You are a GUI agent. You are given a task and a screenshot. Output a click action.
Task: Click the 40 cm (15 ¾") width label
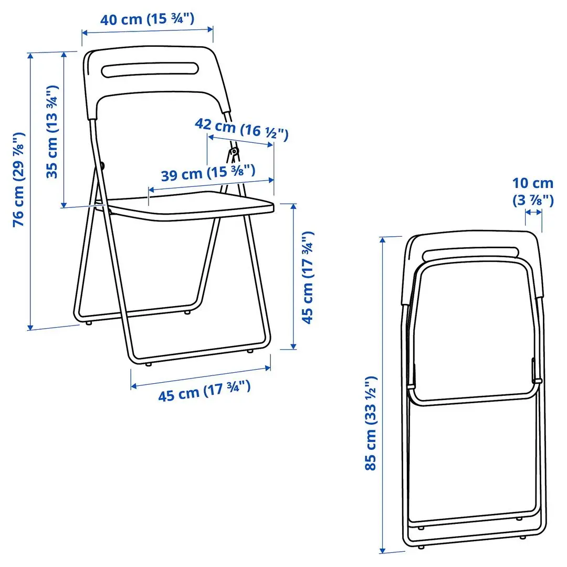(x=148, y=19)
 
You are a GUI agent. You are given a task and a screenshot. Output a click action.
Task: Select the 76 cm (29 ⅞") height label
(x=19, y=179)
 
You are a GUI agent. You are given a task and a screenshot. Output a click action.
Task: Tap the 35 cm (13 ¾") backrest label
(x=52, y=132)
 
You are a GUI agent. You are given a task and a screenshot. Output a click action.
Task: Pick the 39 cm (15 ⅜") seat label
(x=208, y=173)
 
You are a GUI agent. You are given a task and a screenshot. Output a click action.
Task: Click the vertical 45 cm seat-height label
(x=308, y=277)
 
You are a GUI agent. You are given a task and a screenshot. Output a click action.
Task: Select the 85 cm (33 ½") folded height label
(x=371, y=423)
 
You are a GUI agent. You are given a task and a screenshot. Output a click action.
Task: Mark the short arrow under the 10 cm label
(x=533, y=212)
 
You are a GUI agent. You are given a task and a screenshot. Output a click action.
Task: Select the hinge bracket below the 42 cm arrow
(x=233, y=154)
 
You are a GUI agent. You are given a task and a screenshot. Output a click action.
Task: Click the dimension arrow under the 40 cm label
(x=148, y=31)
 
